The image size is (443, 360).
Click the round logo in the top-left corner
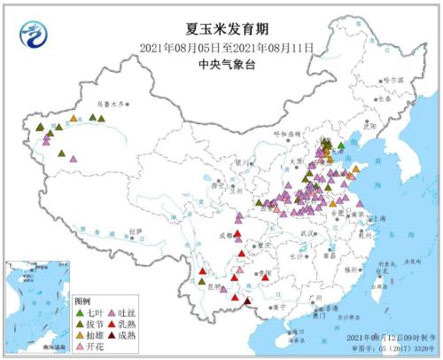pos(35,35)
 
